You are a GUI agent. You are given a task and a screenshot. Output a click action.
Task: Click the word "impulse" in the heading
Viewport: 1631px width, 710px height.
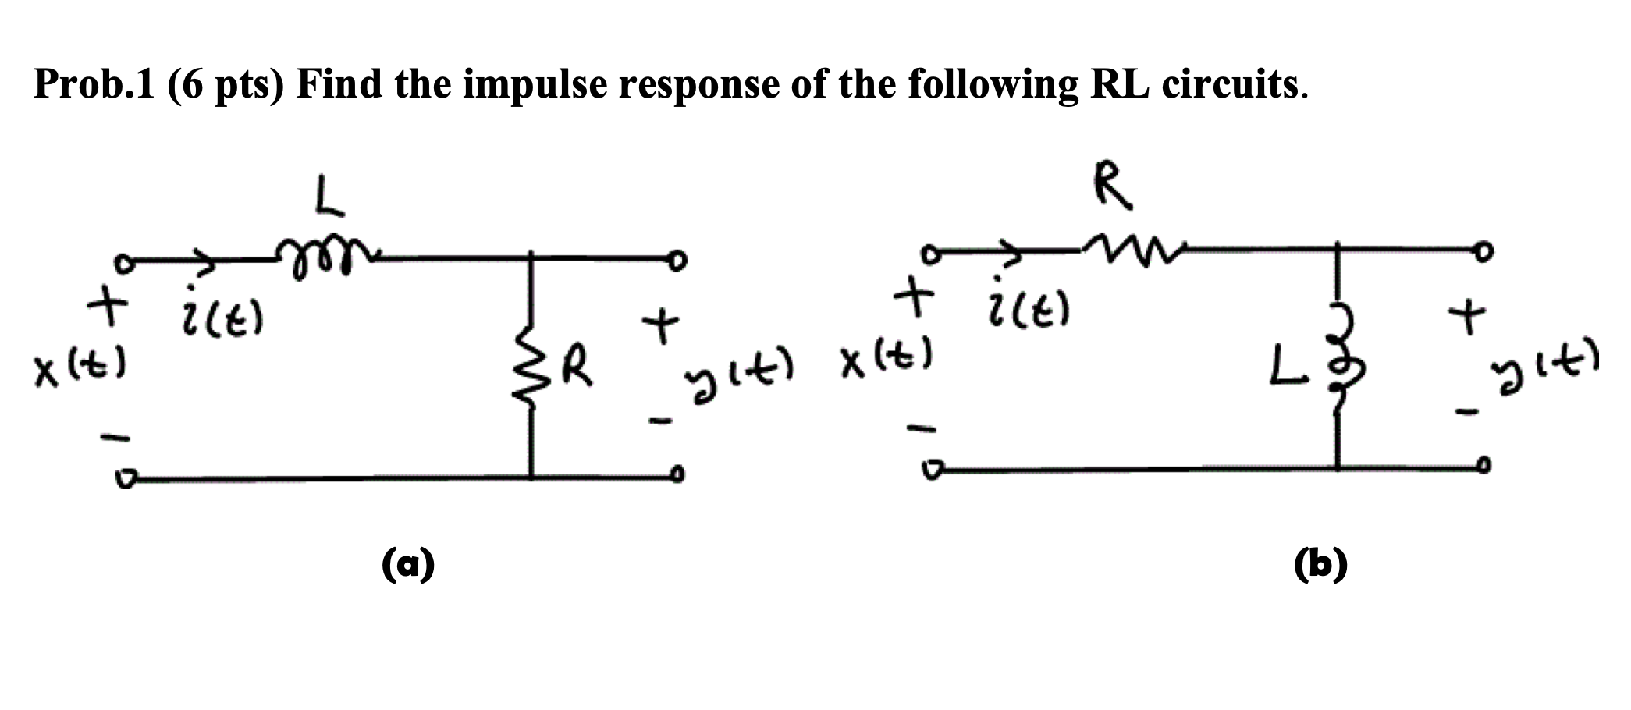534,84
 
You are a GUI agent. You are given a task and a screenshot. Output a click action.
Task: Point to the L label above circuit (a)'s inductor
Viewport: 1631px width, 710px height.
329,197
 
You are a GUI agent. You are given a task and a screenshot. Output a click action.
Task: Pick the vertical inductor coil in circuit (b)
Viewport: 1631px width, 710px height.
1337,367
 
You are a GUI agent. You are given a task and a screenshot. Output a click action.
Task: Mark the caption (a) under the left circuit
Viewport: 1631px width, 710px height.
408,563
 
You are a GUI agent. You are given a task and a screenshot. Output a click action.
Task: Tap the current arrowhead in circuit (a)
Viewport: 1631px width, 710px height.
208,264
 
